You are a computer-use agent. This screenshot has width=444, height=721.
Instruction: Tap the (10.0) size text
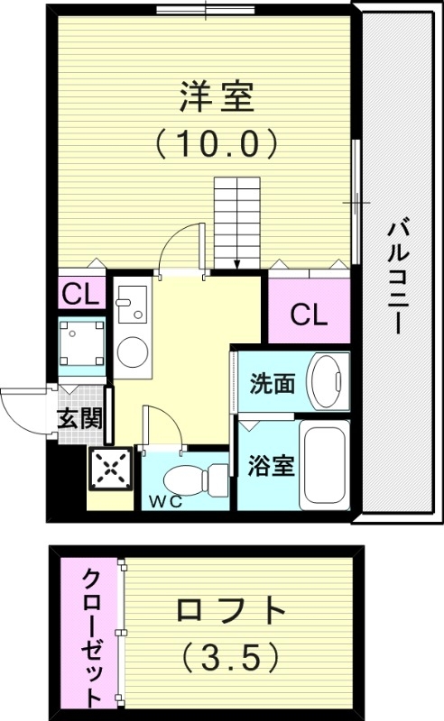214,141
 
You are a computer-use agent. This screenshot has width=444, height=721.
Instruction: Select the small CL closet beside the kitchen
79,295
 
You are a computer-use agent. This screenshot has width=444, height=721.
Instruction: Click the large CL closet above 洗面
308,314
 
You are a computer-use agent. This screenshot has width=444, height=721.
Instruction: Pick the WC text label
166,502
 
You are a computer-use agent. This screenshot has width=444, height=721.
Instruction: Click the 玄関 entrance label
79,418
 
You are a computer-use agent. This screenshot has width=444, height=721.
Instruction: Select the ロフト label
229,614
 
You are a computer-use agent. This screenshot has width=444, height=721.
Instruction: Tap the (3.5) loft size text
229,660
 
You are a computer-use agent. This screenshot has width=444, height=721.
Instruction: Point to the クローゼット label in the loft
93,636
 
